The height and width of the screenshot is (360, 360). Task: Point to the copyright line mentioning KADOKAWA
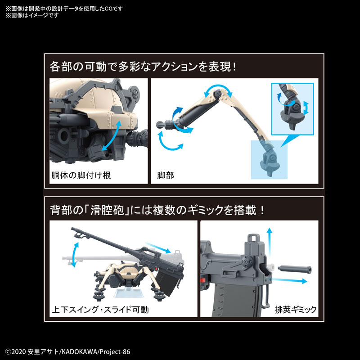coord(67,351)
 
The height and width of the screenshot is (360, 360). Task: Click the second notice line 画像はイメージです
coord(31,15)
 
